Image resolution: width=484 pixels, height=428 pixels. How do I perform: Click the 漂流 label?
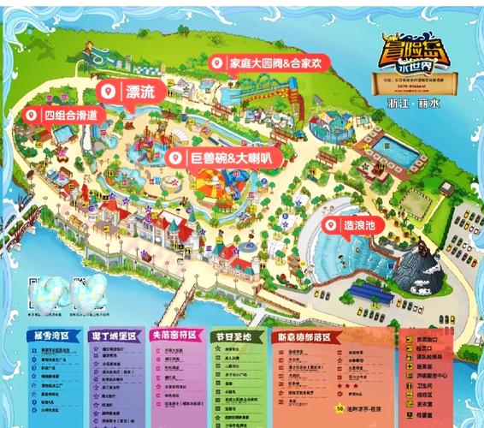tap(140, 92)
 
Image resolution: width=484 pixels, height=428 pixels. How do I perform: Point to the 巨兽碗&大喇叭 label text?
tap(230, 158)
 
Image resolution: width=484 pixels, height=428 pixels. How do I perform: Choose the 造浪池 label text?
tap(360, 225)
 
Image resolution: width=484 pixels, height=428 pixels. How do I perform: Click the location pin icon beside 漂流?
tap(109, 92)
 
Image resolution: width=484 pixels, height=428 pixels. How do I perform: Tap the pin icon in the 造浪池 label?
tap(331, 225)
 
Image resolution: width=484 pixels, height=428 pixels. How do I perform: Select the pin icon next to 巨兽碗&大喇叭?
tap(175, 158)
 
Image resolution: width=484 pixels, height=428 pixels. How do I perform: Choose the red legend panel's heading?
tap(305, 337)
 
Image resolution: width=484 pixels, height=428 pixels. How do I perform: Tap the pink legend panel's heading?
tap(174, 336)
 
